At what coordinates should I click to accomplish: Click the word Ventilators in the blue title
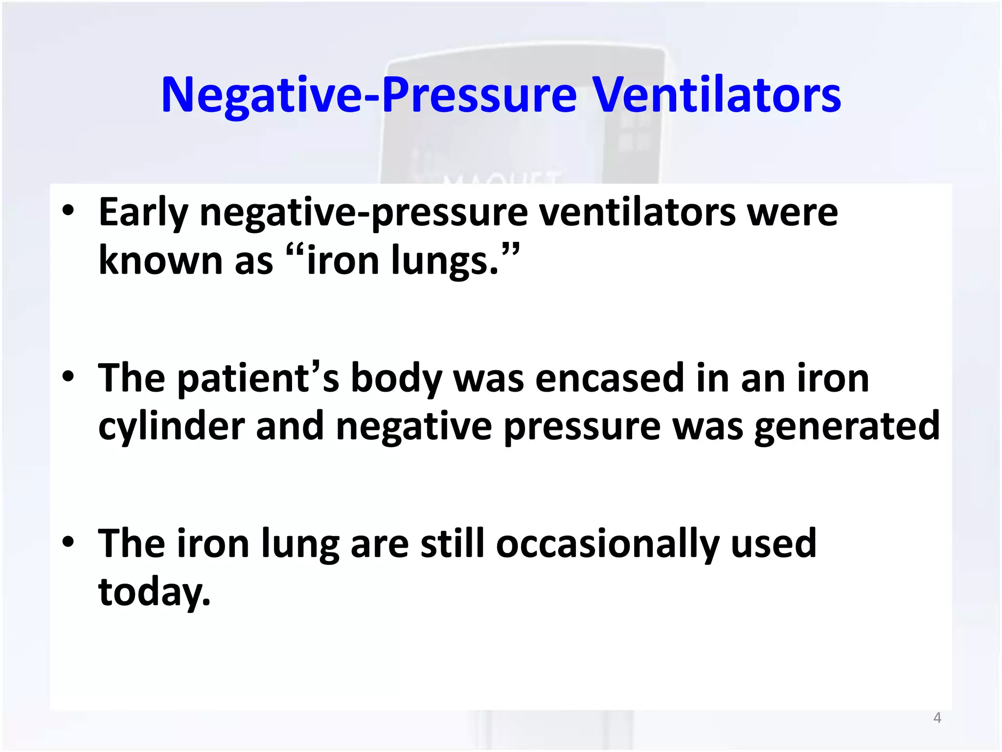(717, 95)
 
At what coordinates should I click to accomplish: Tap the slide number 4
(937, 718)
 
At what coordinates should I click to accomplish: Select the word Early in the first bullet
(143, 213)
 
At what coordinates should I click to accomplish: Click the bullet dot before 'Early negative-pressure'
(68, 211)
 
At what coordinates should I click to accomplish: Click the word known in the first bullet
(160, 260)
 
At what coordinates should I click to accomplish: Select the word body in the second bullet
(396, 379)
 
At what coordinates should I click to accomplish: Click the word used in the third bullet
(774, 543)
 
